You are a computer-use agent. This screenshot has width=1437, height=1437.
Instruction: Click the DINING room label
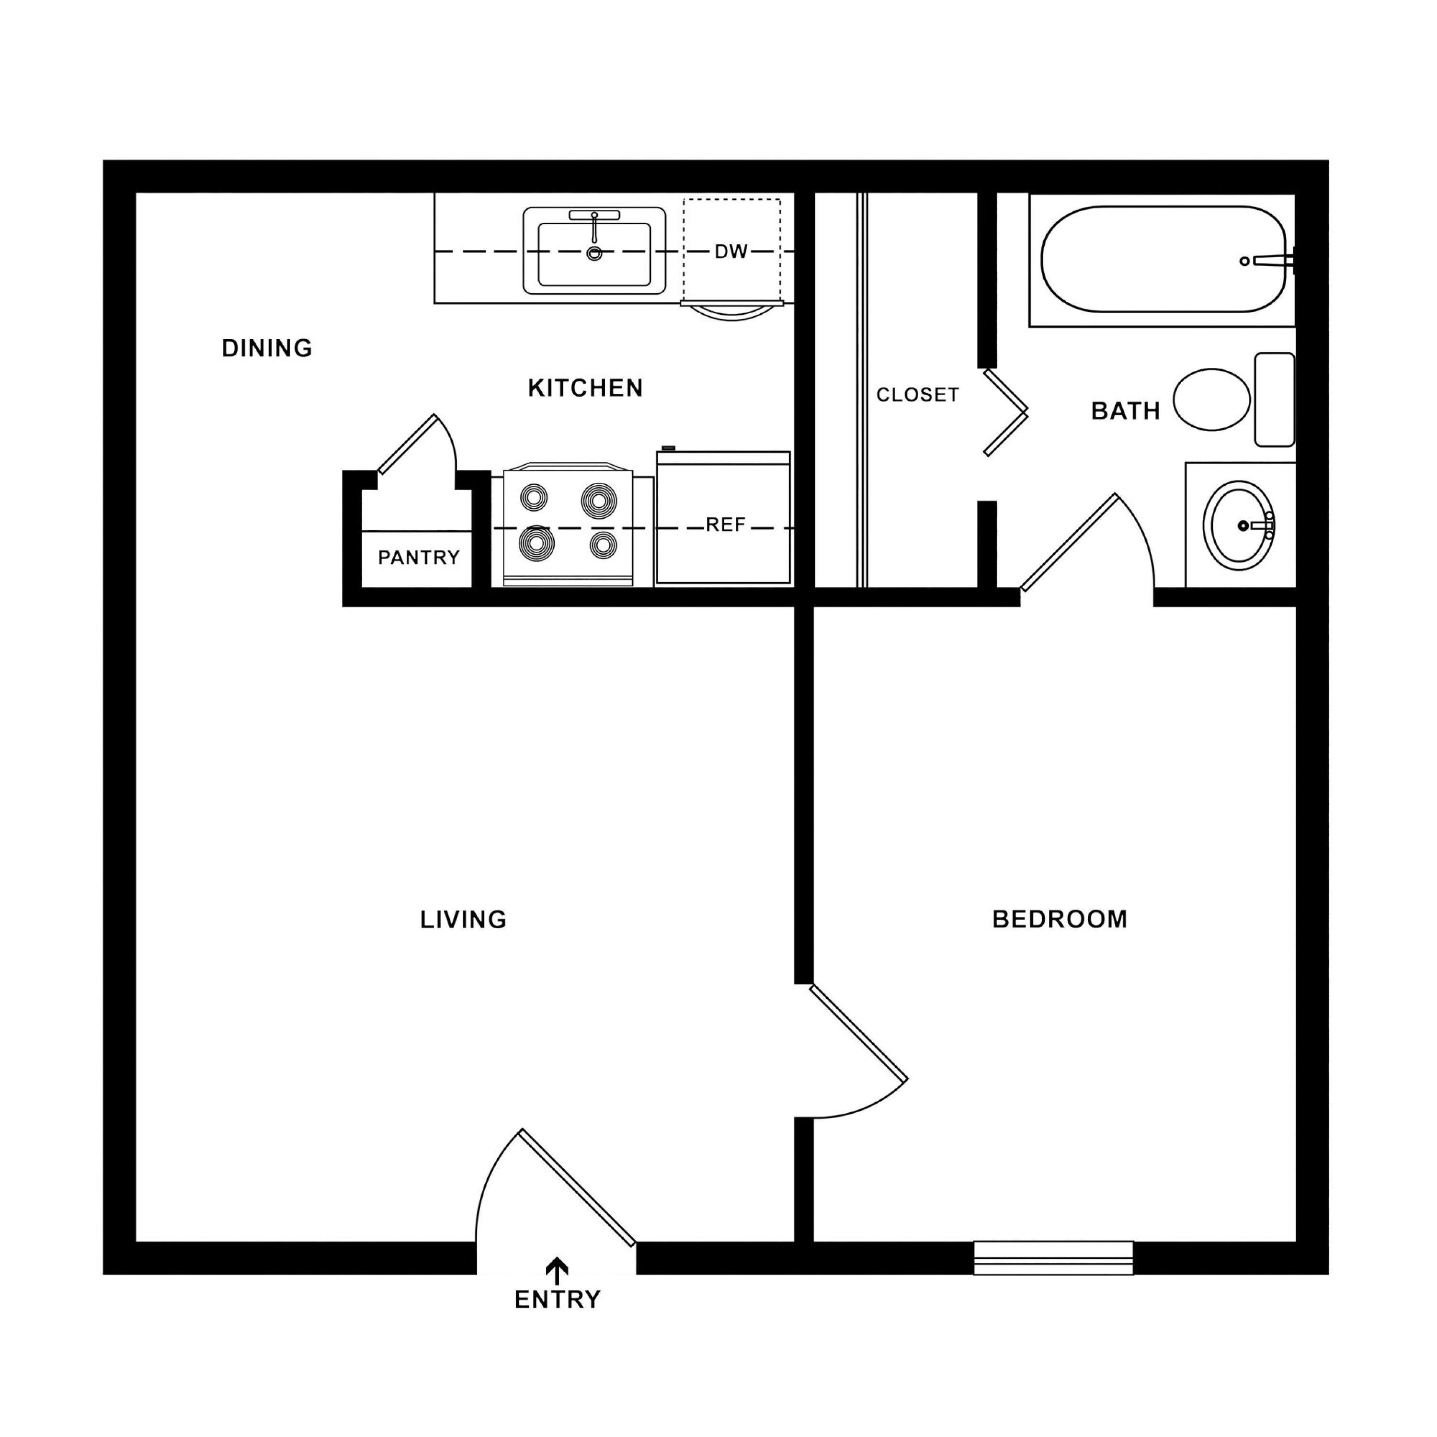(267, 348)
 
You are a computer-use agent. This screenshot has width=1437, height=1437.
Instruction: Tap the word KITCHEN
(585, 388)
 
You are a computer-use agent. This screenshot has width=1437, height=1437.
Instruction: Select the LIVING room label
(463, 920)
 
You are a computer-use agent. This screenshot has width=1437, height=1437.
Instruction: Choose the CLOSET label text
(918, 395)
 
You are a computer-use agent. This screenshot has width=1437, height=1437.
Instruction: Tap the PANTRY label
(419, 558)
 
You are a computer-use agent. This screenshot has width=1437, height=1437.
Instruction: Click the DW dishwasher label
(731, 252)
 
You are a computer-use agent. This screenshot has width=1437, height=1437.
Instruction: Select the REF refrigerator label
(725, 525)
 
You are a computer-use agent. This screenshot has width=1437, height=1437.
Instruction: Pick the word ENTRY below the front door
(557, 1300)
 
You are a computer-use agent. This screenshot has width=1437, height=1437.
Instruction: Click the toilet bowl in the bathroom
(1212, 399)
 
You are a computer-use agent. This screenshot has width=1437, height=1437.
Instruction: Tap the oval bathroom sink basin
(1238, 525)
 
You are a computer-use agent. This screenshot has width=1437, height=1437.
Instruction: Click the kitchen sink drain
(594, 254)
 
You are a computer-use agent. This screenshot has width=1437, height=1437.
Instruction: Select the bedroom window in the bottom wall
(1054, 1258)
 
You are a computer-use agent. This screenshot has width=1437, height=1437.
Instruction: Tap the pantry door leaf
(407, 444)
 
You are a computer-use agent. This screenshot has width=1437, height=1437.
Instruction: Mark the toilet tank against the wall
(1275, 400)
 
